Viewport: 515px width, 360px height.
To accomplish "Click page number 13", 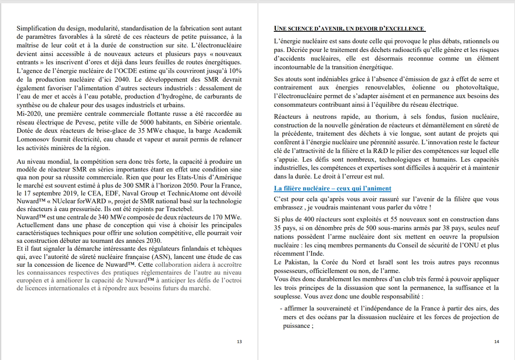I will point(240,341).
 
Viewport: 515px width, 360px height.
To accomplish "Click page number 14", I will point(496,341).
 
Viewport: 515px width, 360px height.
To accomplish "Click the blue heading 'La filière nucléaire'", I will point(332,188).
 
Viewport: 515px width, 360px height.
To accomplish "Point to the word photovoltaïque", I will point(477,88).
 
